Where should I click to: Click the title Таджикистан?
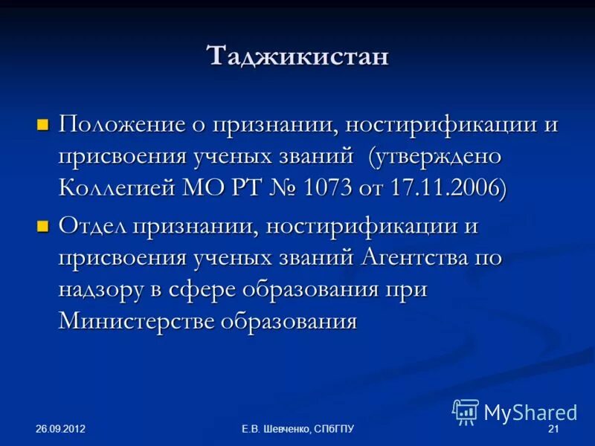(x=297, y=56)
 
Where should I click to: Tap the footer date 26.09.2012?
(x=62, y=430)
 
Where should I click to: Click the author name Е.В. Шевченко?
(x=276, y=430)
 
